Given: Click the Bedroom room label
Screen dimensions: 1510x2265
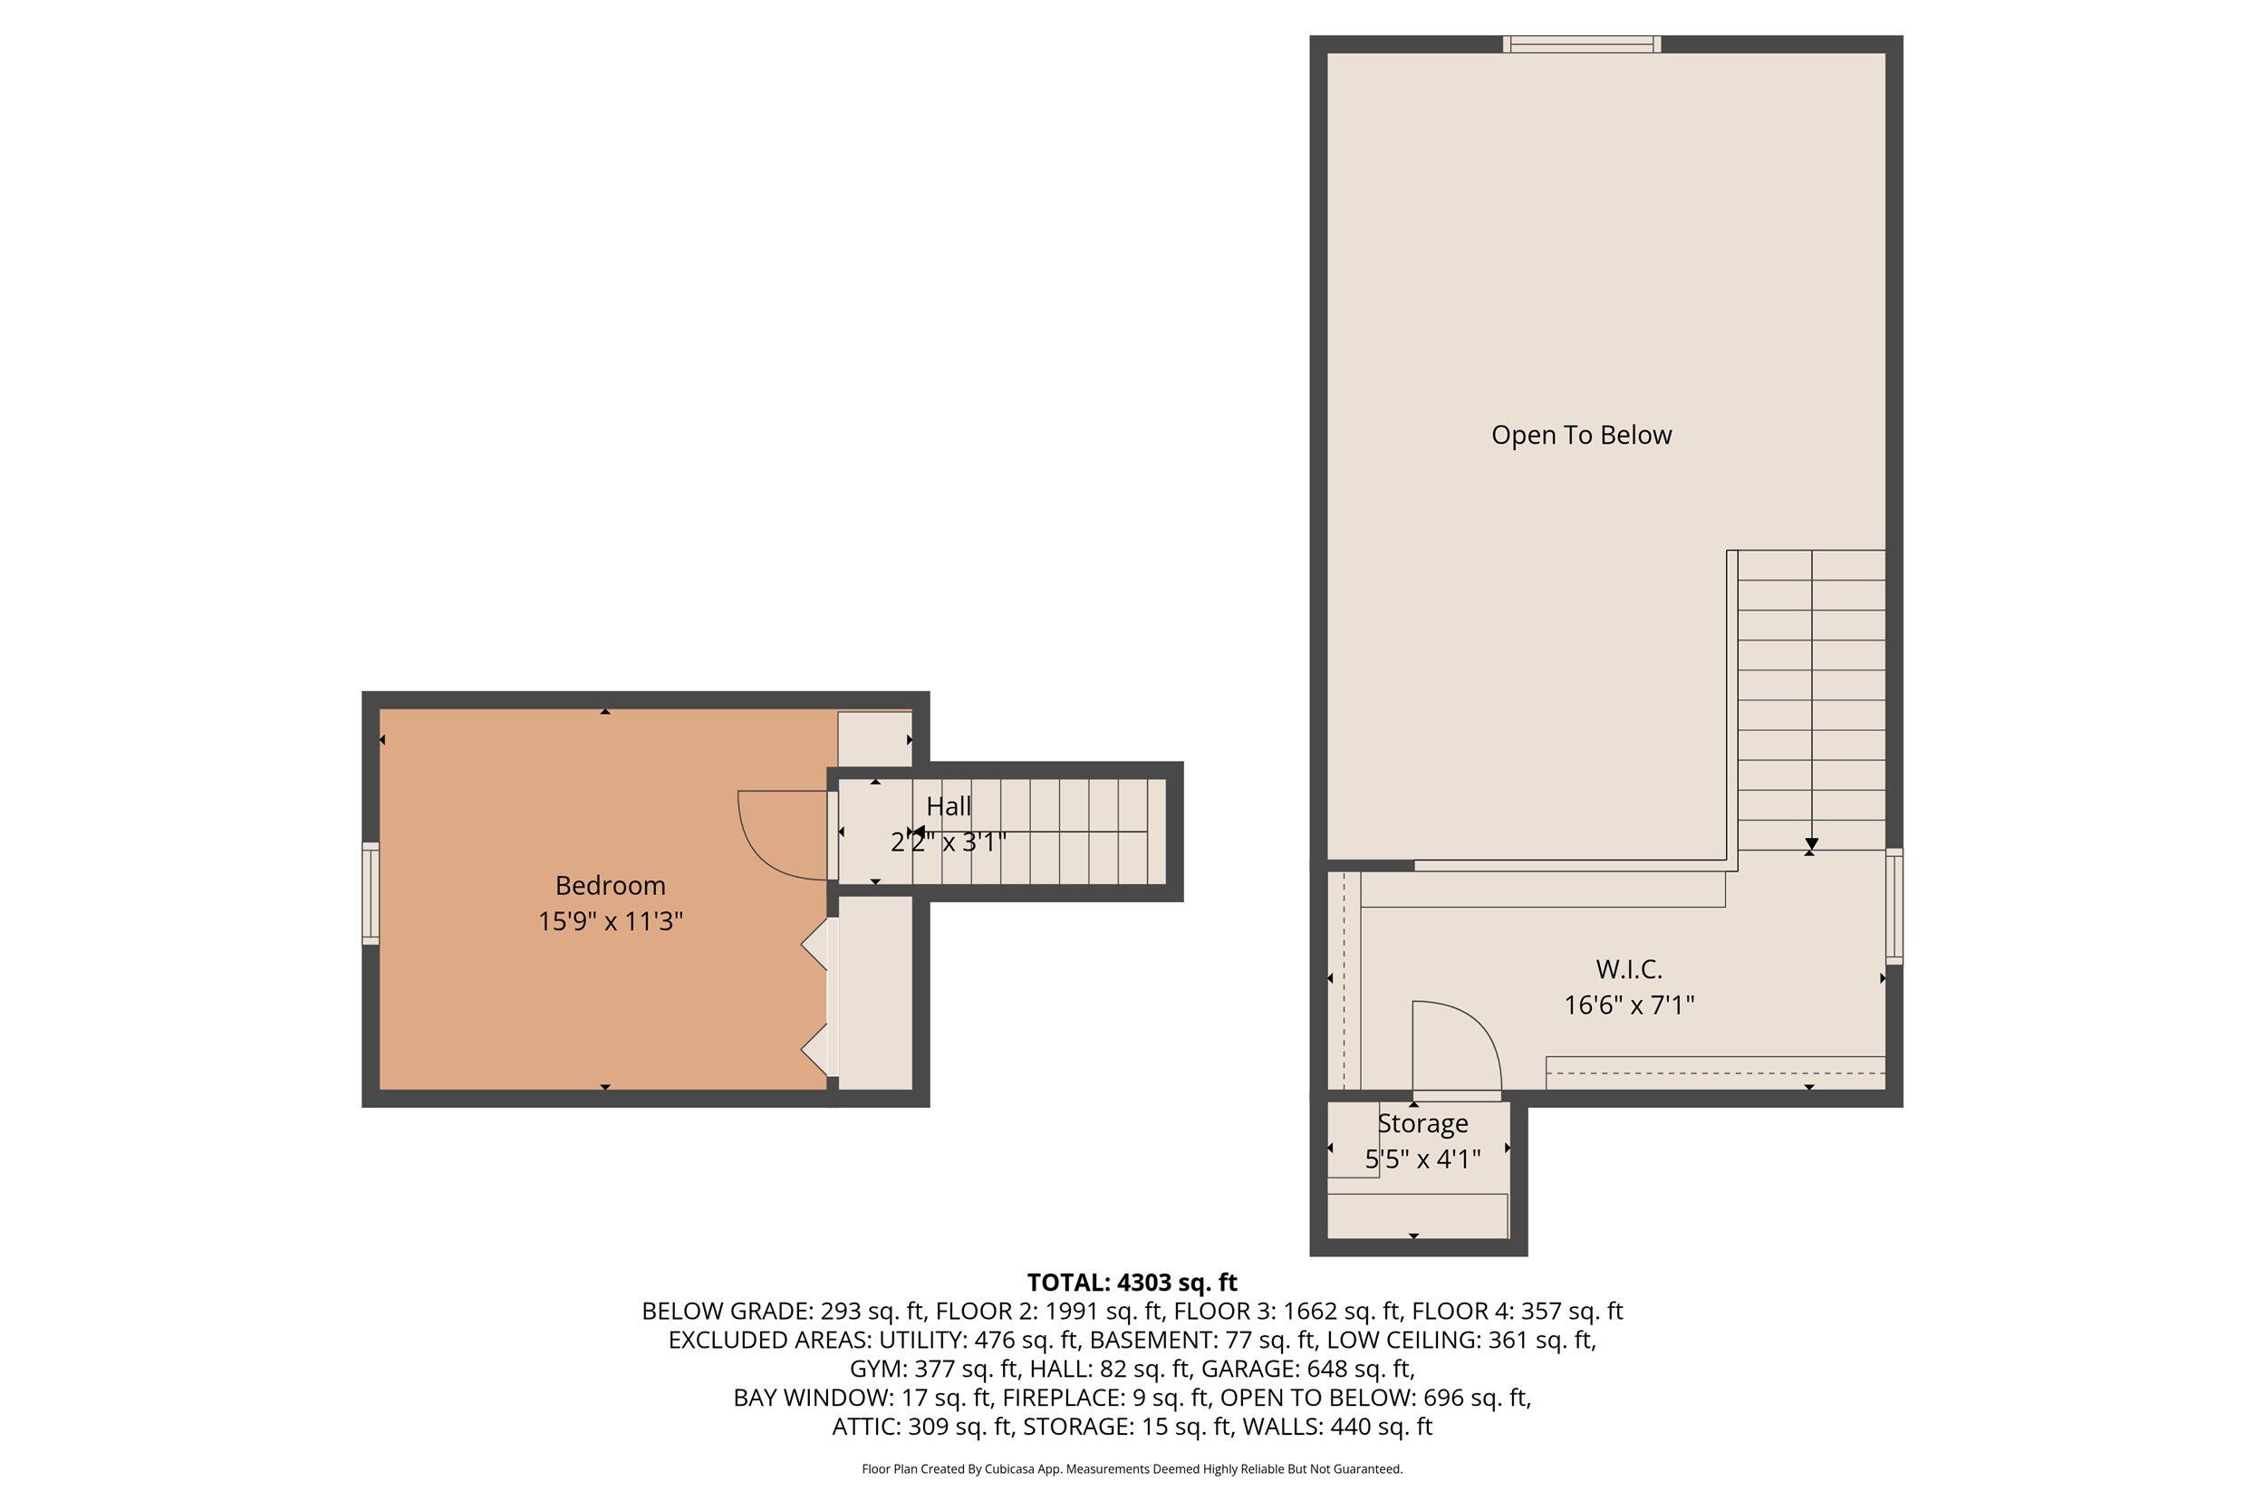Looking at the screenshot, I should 610,885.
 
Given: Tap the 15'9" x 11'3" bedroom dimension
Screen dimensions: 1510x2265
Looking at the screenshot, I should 610,921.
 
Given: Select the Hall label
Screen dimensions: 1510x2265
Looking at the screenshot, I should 949,806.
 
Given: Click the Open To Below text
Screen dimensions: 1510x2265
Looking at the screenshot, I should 1581,436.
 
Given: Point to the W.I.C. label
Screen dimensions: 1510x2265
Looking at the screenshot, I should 1628,969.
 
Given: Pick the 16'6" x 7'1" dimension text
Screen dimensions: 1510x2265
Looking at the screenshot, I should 1628,1005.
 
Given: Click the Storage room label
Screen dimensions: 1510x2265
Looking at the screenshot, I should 1422,1124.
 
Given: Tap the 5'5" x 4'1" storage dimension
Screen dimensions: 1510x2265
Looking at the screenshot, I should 1422,1159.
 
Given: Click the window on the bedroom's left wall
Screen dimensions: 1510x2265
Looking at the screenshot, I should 371,893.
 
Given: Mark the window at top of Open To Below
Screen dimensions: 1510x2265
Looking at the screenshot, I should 1582,44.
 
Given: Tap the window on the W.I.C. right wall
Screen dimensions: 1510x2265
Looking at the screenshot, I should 1894,906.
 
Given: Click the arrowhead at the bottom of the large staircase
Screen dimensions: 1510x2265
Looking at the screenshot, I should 1810,844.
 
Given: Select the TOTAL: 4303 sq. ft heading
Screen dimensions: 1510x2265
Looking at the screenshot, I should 1132,1283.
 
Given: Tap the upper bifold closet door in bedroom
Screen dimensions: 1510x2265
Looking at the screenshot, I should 816,944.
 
